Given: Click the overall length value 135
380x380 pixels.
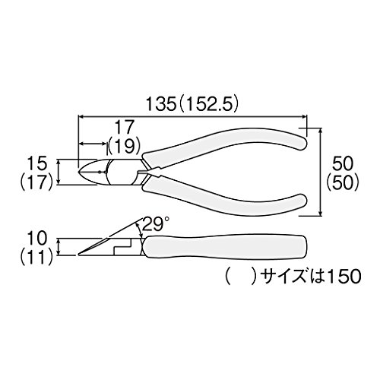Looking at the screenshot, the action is pos(161,104).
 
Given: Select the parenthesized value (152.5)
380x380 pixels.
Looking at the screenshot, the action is pos(208,104).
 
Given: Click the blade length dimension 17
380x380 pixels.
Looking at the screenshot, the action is pos(124,128).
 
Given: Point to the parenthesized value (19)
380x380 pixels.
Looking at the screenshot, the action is pos(124,147).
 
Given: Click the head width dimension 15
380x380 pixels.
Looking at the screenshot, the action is pos(37,163).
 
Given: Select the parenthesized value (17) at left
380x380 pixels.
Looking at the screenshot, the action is pos(36,182).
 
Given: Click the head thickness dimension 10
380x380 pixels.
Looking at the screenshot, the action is pos(37,239).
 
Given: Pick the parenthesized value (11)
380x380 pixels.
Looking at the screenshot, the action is pos(36,257).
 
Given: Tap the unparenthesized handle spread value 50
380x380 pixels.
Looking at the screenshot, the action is pos(342,163).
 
